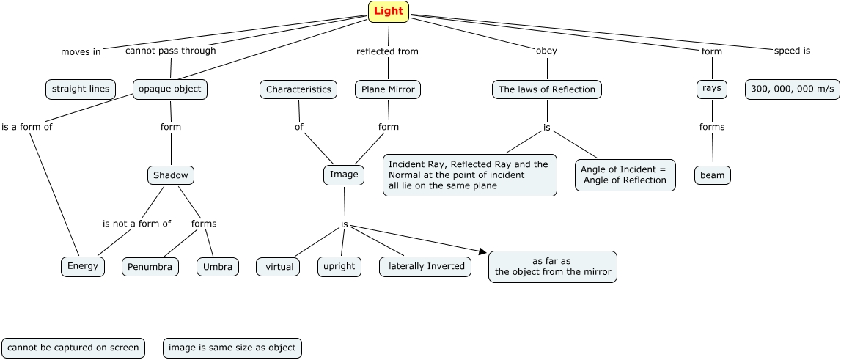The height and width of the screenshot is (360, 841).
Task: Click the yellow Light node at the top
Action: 389,12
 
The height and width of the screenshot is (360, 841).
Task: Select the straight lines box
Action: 81,89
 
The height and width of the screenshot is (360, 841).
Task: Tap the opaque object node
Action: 171,89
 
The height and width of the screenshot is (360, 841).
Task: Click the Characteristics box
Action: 298,89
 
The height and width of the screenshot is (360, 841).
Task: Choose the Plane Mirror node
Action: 389,89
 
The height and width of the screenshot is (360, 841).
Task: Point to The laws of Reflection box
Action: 547,89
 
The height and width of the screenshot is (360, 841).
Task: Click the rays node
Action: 711,89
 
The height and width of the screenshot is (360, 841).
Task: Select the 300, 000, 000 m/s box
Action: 793,89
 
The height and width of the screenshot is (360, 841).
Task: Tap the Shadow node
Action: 171,175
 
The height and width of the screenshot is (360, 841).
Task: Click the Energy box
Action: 83,266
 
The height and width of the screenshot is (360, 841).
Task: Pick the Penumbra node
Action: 150,267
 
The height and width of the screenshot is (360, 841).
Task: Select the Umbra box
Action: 218,267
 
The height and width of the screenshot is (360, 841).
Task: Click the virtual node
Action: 279,267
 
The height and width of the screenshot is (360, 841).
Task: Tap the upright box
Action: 340,266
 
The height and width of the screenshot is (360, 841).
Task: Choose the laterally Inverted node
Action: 426,266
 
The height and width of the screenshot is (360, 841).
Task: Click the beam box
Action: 713,176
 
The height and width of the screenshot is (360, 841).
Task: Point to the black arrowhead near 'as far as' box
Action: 482,251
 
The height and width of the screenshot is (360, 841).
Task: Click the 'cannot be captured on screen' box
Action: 73,348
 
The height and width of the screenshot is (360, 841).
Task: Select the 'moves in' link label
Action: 81,52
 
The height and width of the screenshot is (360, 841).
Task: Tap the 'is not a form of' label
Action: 137,224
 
